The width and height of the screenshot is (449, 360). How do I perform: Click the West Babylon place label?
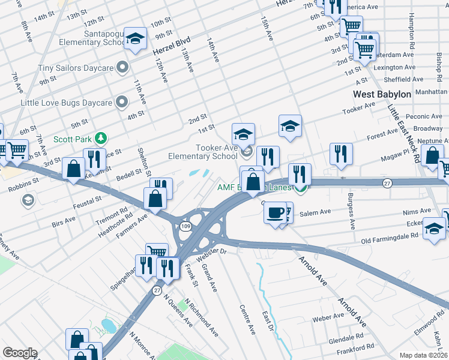click(x=382, y=94)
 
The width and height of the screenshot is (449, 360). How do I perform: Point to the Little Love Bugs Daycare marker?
click(x=122, y=101)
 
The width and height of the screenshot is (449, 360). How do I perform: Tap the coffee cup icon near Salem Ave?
click(x=276, y=213)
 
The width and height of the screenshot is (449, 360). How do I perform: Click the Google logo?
click(x=20, y=353)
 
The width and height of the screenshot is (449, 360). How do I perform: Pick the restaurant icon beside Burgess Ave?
click(x=341, y=154)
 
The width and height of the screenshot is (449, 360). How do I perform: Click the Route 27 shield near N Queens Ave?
click(x=157, y=290)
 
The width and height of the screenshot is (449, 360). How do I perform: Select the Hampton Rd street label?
click(x=412, y=31)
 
